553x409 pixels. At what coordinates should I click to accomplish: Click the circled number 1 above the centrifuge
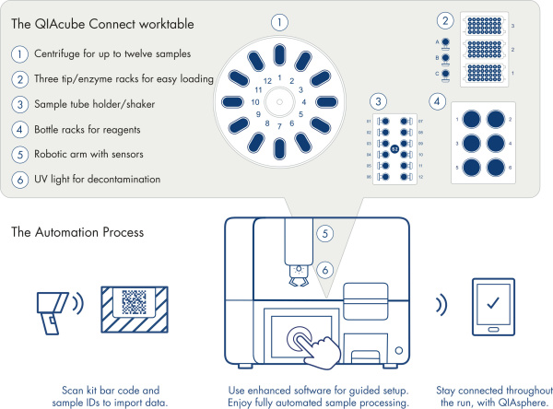pyautogui.click(x=281, y=20)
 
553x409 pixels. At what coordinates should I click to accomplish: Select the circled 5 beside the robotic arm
pyautogui.click(x=324, y=234)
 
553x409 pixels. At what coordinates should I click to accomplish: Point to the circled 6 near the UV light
pyautogui.click(x=324, y=269)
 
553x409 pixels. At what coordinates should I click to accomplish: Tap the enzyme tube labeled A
pyautogui.click(x=446, y=42)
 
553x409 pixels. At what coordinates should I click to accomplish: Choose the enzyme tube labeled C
pyautogui.click(x=446, y=75)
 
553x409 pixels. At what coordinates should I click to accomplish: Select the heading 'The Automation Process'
pyautogui.click(x=77, y=233)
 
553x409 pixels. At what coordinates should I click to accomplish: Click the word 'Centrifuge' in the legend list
pyautogui.click(x=59, y=54)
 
